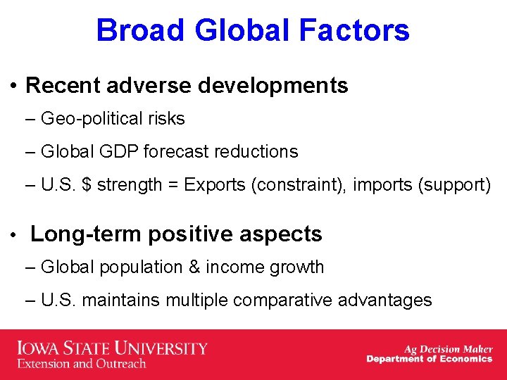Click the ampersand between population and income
click(194, 267)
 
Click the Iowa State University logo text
click(112, 348)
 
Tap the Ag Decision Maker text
click(448, 348)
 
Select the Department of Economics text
click(429, 359)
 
